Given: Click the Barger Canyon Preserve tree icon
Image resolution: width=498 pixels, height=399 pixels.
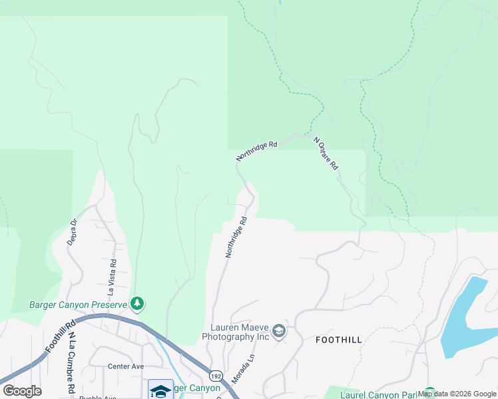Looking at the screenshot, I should (137, 304).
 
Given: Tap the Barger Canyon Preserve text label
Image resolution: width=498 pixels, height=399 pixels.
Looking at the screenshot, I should (78, 305).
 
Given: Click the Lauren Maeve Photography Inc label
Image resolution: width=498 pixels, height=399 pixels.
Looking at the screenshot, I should (240, 332).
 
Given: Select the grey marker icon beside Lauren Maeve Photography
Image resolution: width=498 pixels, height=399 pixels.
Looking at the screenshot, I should (279, 331).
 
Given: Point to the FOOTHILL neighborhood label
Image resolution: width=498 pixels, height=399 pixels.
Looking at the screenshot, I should (339, 340).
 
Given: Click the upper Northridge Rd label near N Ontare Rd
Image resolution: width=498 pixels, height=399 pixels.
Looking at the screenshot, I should (256, 150).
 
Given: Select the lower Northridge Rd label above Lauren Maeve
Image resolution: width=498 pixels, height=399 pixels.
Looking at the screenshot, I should (236, 237).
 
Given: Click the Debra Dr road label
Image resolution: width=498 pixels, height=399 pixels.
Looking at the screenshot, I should (73, 232).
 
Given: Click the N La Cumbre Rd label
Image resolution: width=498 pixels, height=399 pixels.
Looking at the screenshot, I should (70, 363).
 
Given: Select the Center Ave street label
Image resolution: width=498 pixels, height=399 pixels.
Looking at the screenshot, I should (126, 366).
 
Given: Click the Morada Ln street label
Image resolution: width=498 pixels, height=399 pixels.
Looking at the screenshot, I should (243, 368).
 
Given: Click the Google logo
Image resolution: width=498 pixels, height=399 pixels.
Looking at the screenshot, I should (22, 391).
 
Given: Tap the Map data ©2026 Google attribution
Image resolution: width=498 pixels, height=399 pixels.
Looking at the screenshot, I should (457, 394).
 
